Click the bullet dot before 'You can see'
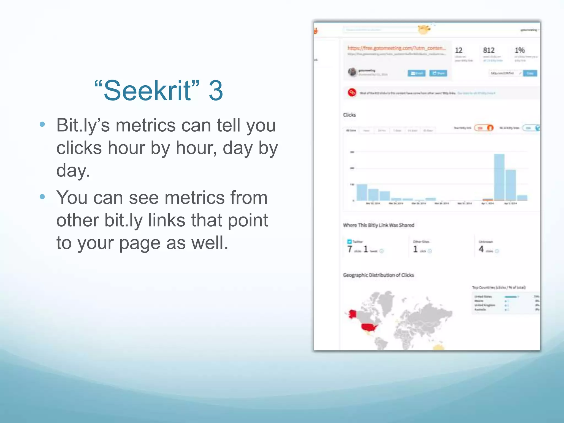[42, 197]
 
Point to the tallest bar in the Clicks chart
[499, 178]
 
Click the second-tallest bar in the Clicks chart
[511, 185]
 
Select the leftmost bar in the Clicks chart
[362, 192]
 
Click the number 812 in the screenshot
[489, 50]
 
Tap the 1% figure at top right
[519, 50]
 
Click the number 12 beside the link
[459, 50]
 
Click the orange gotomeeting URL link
[396, 48]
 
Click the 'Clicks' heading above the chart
[349, 115]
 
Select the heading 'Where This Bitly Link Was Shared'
[378, 225]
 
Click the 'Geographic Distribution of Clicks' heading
[378, 275]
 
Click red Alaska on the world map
[352, 314]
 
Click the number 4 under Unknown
[481, 249]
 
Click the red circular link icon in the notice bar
[352, 93]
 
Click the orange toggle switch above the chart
[484, 128]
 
